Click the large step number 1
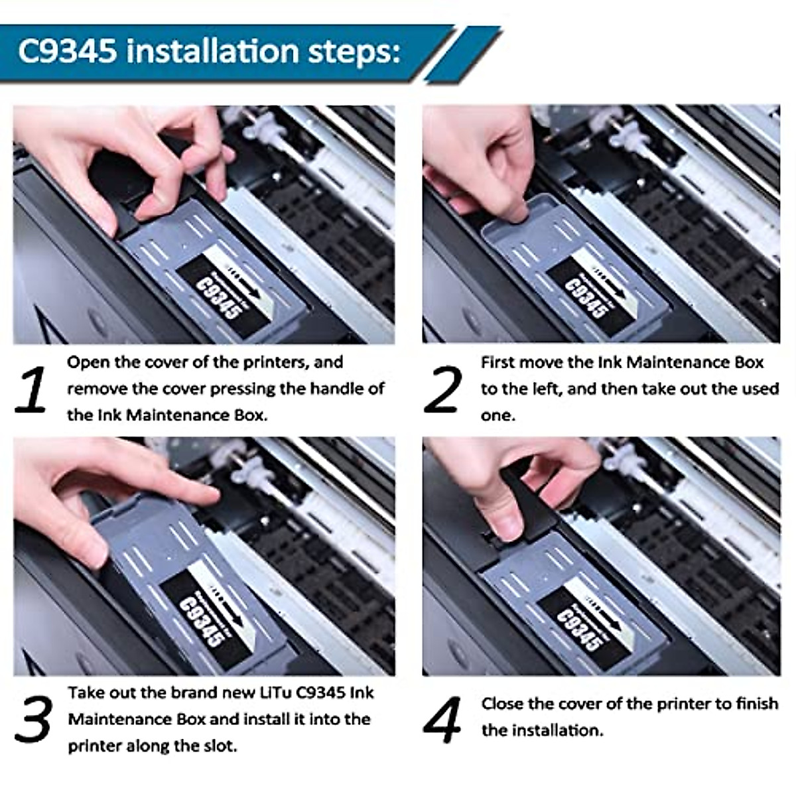click(x=31, y=391)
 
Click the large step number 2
click(x=442, y=391)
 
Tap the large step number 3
click(x=33, y=722)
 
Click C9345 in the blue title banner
click(x=67, y=51)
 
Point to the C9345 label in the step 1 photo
click(x=217, y=297)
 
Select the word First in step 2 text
click(x=497, y=363)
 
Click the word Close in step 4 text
click(x=503, y=704)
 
